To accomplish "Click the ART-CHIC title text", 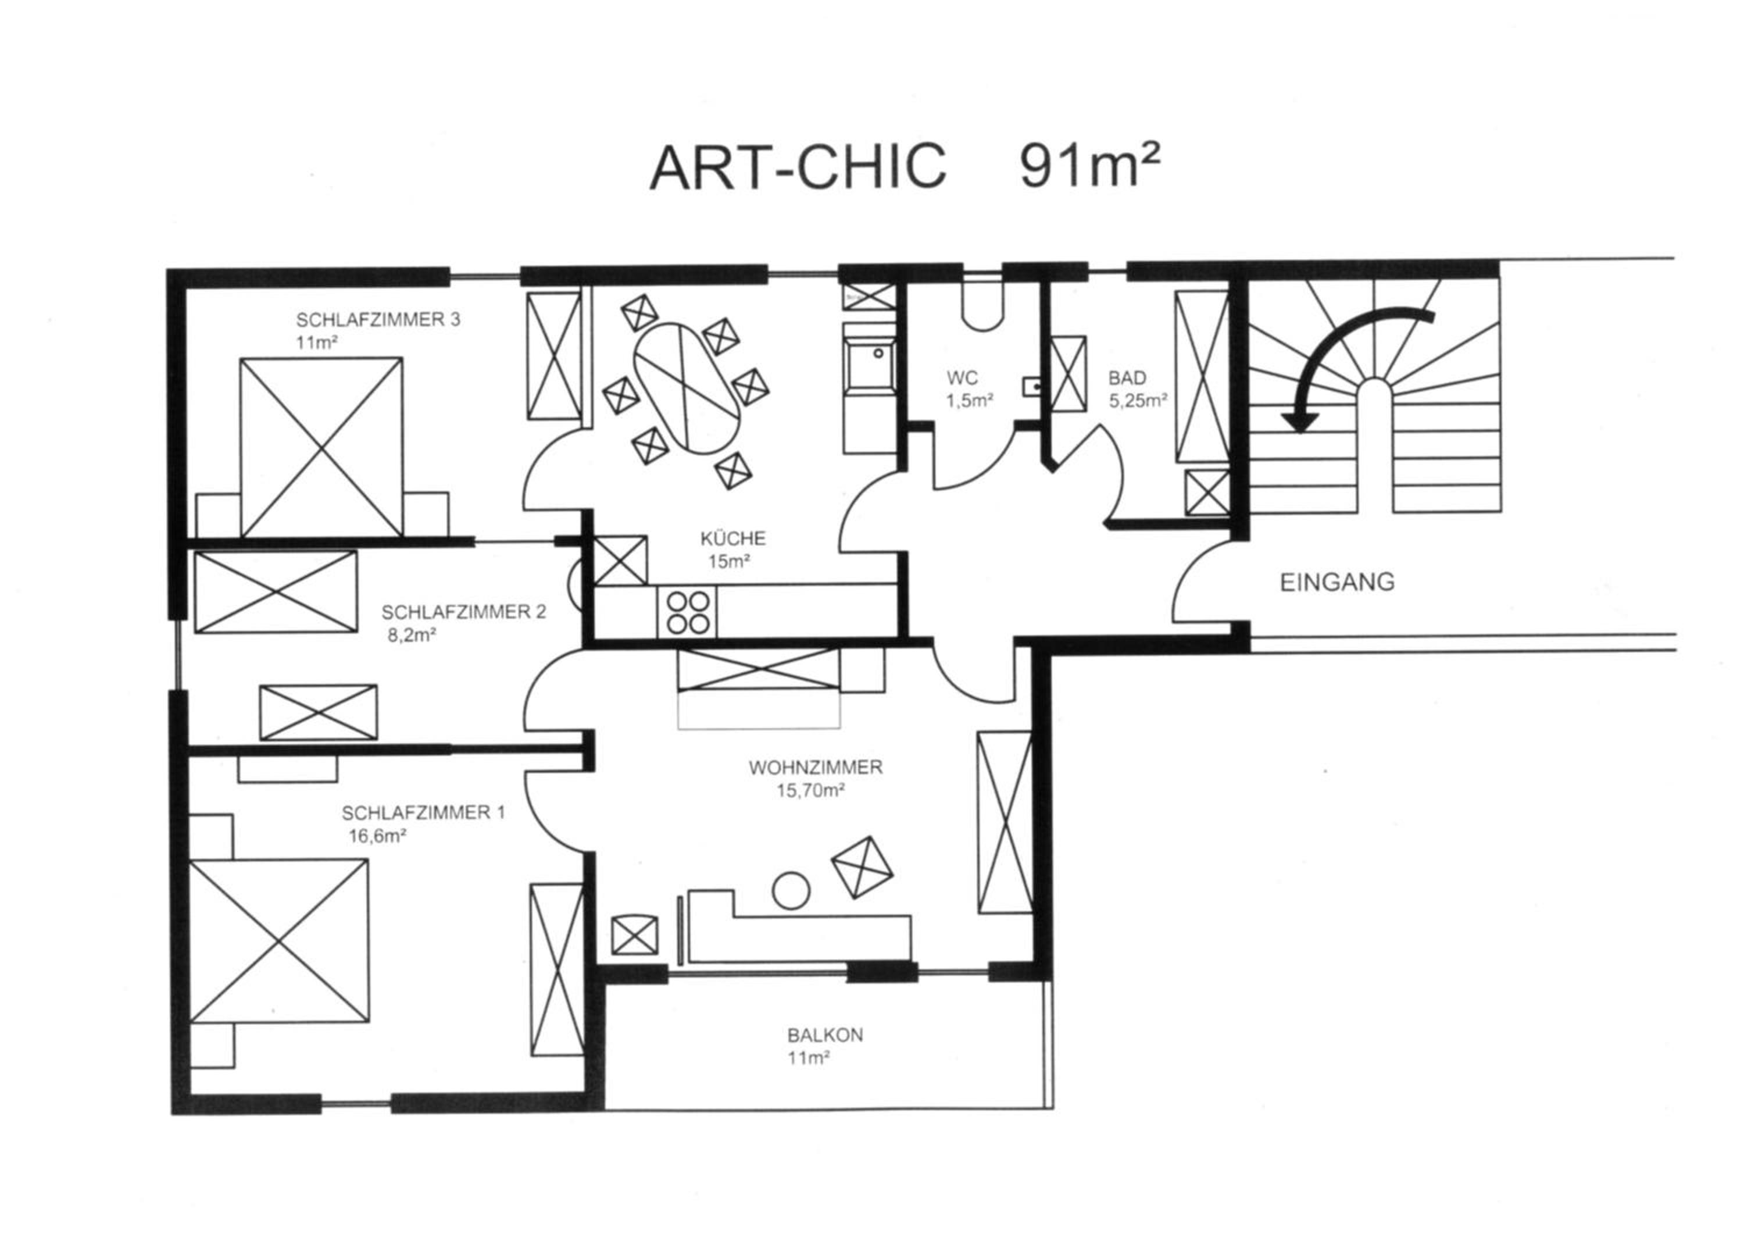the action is pyautogui.click(x=798, y=167).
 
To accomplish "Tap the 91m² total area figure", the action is pyautogui.click(x=1090, y=166).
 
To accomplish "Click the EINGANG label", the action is pyautogui.click(x=1338, y=583).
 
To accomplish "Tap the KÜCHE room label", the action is pyautogui.click(x=733, y=538).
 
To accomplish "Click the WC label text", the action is pyautogui.click(x=962, y=377).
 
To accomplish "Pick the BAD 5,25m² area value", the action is pyautogui.click(x=1138, y=401).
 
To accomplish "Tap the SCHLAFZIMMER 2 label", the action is pyautogui.click(x=463, y=612).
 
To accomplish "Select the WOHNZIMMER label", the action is pyautogui.click(x=816, y=768).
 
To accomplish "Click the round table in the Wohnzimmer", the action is pyautogui.click(x=791, y=890).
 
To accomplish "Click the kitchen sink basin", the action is pyautogui.click(x=870, y=367).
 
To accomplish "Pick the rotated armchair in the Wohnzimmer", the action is pyautogui.click(x=862, y=867).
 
